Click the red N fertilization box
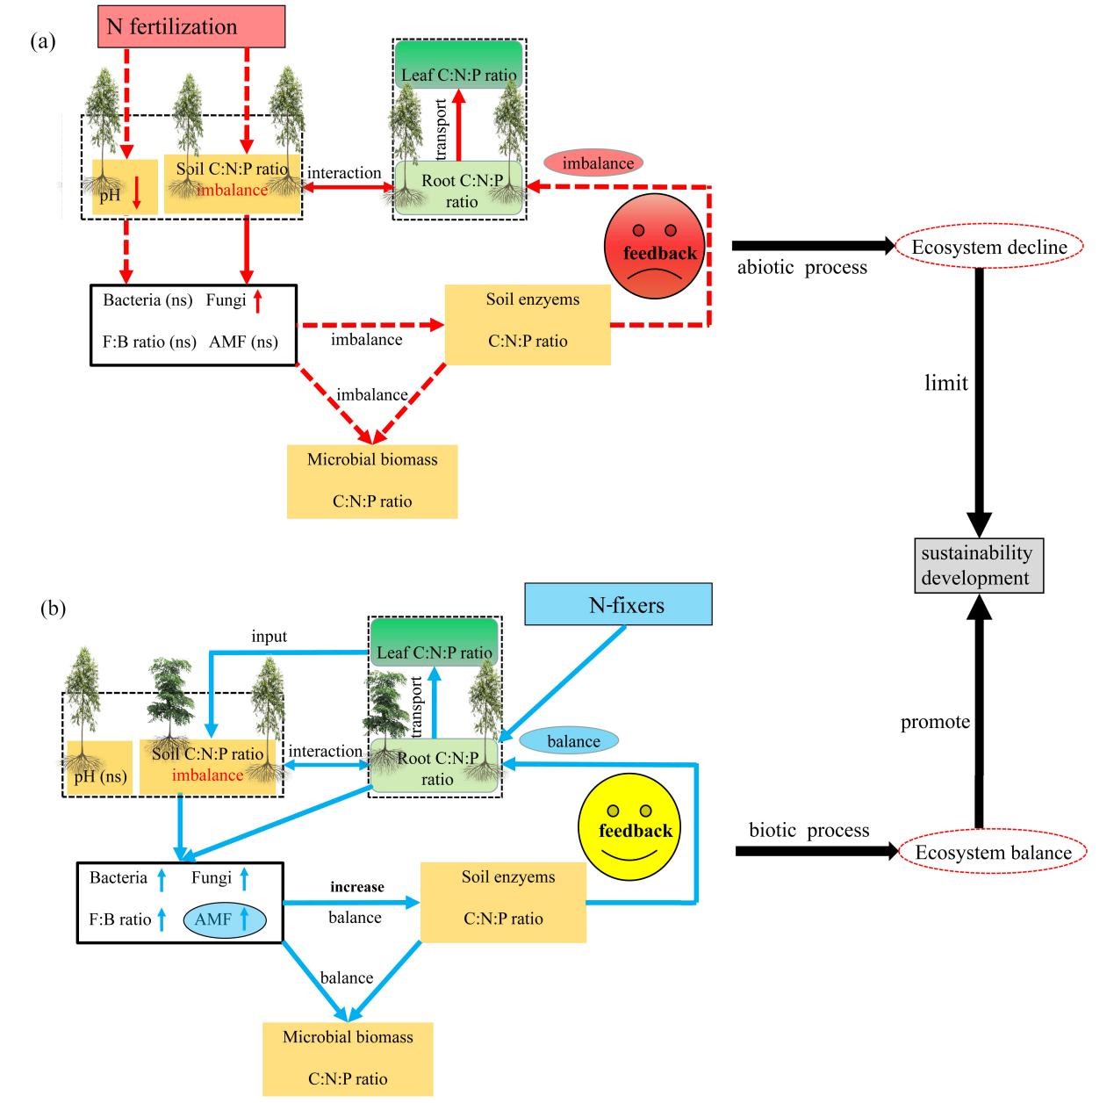point(190,26)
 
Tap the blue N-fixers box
point(618,604)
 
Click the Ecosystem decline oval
point(988,248)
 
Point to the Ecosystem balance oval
point(992,852)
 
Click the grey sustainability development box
point(976,566)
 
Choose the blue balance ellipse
point(573,741)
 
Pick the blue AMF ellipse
point(224,919)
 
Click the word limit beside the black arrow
point(945,383)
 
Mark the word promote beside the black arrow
point(935,722)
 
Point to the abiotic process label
point(801,268)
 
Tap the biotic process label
point(809,830)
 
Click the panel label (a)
point(42,41)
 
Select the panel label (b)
point(53,608)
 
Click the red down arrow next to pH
point(136,194)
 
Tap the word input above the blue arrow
point(269,637)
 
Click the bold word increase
point(356,887)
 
